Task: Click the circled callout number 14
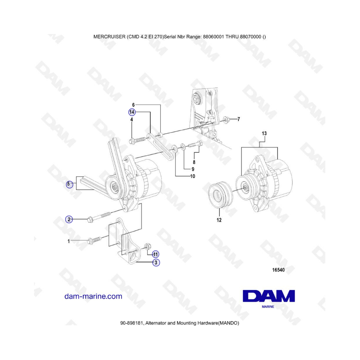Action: click(132, 112)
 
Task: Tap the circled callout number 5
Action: click(69, 184)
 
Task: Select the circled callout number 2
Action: click(69, 219)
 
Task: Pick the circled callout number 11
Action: click(156, 254)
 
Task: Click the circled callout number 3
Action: click(156, 262)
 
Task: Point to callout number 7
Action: click(239, 119)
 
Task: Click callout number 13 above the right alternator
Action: click(264, 133)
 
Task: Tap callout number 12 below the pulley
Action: click(219, 220)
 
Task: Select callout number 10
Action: click(192, 176)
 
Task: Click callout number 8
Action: click(194, 162)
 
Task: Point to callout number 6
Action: click(133, 105)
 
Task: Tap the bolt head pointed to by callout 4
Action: click(132, 141)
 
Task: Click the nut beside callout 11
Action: click(147, 247)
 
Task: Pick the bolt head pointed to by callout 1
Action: click(90, 242)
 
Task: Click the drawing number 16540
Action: click(278, 270)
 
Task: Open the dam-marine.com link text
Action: click(93, 296)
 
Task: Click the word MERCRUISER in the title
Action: click(110, 37)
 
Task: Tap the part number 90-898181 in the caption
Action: click(132, 323)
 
